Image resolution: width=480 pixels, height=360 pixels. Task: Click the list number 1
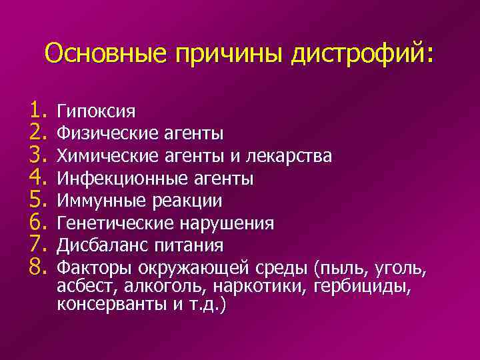[x=36, y=109]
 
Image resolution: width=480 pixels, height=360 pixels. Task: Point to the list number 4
[x=36, y=177]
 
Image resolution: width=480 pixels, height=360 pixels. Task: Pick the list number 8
[x=36, y=268]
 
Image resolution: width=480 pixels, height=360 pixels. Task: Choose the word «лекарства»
[x=289, y=156]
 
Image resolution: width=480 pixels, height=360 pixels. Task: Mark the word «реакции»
[x=186, y=201]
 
